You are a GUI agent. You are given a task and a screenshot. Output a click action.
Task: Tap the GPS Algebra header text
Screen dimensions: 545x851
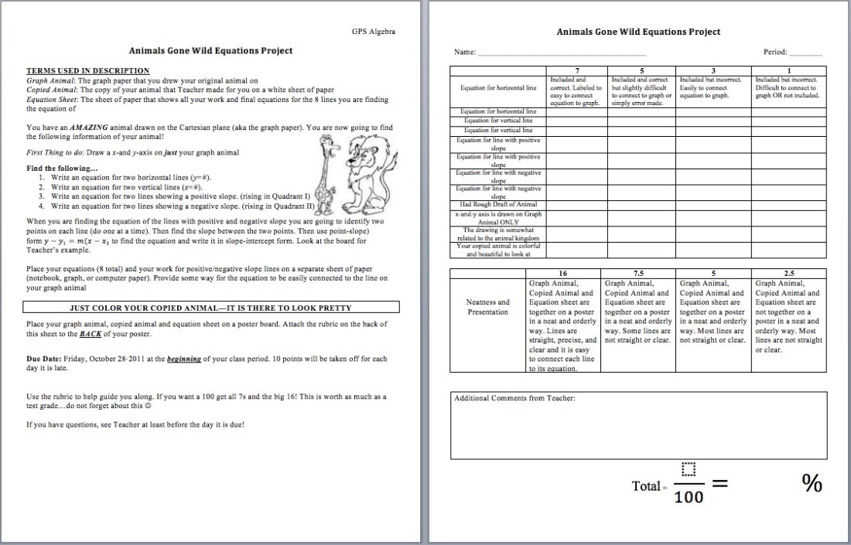click(374, 32)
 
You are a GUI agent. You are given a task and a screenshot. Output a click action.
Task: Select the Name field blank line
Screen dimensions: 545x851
click(562, 53)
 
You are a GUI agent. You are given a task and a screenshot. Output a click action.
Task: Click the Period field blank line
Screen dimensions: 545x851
click(805, 53)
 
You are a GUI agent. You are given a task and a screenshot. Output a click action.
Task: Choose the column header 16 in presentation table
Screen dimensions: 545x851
click(562, 273)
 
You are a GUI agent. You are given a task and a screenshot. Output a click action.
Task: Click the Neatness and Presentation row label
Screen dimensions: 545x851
click(488, 307)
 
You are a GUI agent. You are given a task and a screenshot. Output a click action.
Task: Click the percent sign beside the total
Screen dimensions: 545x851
click(812, 483)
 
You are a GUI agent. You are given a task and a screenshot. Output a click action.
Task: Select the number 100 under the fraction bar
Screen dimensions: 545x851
click(689, 497)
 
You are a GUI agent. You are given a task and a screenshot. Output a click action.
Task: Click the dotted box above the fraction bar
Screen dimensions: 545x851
click(689, 469)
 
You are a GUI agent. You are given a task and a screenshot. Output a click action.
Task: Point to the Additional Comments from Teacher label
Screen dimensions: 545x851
click(514, 399)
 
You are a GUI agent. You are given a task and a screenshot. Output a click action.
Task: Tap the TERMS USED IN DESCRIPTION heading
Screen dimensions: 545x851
click(88, 70)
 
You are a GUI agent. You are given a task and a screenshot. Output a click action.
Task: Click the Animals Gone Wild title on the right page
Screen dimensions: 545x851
click(638, 32)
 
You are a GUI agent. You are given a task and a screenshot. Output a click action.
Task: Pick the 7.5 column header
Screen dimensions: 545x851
click(638, 273)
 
